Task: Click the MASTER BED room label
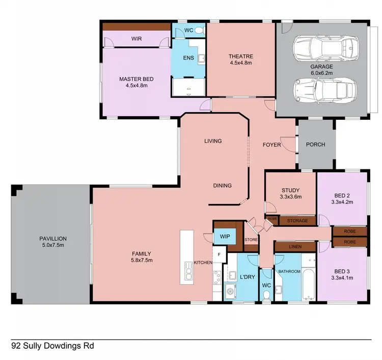(x=136, y=82)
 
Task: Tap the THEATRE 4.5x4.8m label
(x=240, y=59)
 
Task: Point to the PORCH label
(x=315, y=144)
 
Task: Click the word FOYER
(x=271, y=145)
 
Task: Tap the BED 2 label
(x=342, y=198)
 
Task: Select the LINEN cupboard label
(x=294, y=247)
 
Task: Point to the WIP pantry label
(x=224, y=237)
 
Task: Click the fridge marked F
(x=219, y=254)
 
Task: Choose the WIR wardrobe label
(x=136, y=38)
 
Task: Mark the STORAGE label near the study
(x=297, y=221)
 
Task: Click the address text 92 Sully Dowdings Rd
(x=52, y=346)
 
